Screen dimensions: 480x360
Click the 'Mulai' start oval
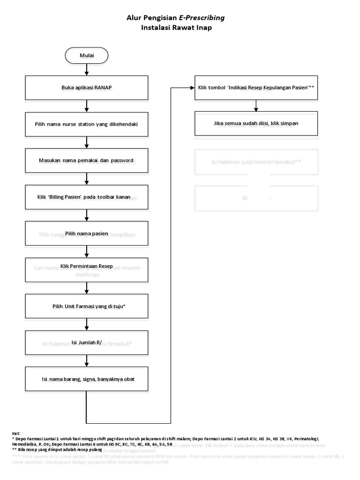[87, 55]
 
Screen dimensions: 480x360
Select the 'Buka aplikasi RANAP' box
[87, 87]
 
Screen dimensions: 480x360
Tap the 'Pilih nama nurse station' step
[87, 124]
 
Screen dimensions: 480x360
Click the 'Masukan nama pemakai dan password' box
[87, 160]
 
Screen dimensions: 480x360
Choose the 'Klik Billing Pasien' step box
[87, 197]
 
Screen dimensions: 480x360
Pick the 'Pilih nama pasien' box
[87, 233]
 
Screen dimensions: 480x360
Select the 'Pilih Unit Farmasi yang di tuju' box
[87, 306]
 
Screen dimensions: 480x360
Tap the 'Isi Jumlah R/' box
[87, 343]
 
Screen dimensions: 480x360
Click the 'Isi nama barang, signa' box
[87, 379]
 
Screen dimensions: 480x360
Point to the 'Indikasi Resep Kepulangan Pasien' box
[256, 87]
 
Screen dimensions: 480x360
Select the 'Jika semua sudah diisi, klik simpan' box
[256, 123]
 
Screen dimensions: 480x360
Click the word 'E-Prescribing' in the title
[202, 18]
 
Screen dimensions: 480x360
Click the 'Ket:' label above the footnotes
[16, 433]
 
